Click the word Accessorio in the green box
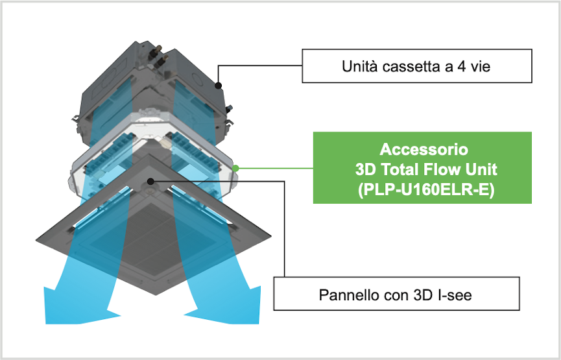pyautogui.click(x=423, y=149)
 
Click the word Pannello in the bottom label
pyautogui.click(x=348, y=296)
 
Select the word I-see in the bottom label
pyautogui.click(x=457, y=296)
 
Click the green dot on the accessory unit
pyautogui.click(x=236, y=168)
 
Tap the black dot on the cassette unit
pyautogui.click(x=219, y=85)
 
